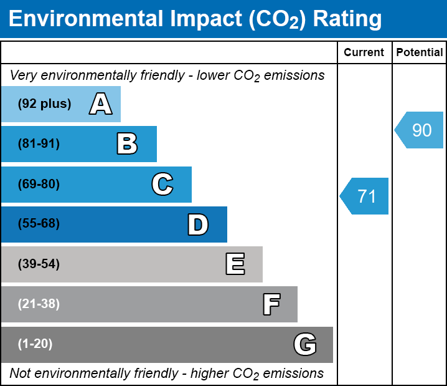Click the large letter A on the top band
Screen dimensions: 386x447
click(x=100, y=104)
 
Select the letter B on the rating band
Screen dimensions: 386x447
click(x=127, y=144)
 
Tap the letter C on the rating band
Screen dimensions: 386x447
click(x=162, y=185)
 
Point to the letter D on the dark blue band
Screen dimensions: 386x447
click(x=198, y=224)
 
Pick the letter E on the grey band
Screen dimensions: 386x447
click(x=235, y=264)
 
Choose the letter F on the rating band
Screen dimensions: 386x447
click(x=271, y=304)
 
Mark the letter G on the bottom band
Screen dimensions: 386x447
click(x=305, y=344)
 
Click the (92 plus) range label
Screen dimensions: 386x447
click(x=44, y=104)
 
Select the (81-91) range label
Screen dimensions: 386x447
click(x=39, y=144)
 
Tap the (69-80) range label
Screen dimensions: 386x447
click(x=39, y=185)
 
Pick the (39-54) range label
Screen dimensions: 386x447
click(x=39, y=264)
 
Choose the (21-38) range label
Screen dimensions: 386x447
click(x=39, y=304)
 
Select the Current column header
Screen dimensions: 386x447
click(x=364, y=53)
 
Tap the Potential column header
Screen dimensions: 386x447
click(x=420, y=53)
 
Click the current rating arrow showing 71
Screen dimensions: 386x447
click(x=365, y=196)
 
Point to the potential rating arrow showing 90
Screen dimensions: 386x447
click(x=420, y=130)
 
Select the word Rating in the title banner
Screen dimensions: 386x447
click(x=347, y=19)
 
